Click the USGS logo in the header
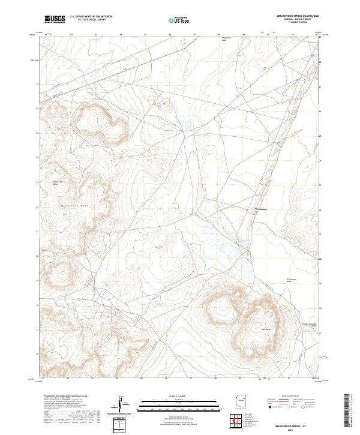point(55,19)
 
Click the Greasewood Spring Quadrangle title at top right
point(298,15)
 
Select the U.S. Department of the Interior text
point(91,16)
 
